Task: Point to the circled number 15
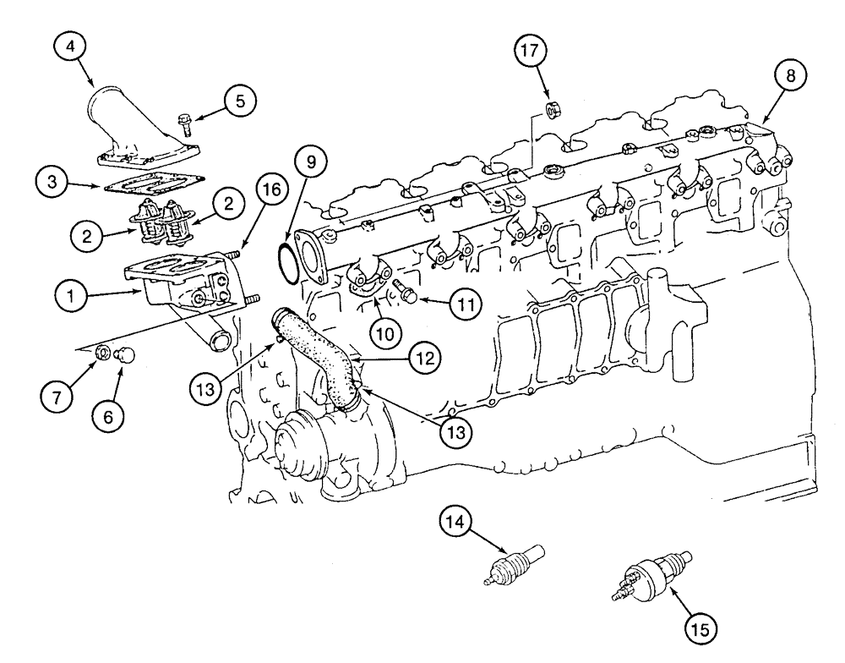click(x=702, y=627)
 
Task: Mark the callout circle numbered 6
click(x=114, y=415)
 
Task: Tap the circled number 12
click(x=423, y=359)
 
